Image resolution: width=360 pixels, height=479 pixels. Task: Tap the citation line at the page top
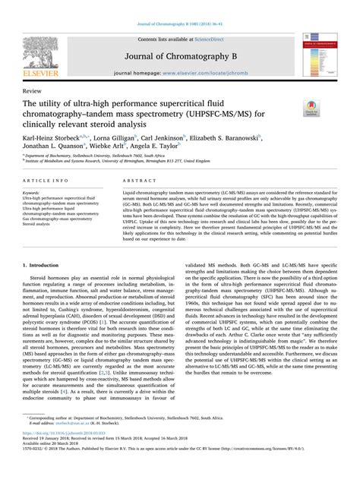pos(179,23)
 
